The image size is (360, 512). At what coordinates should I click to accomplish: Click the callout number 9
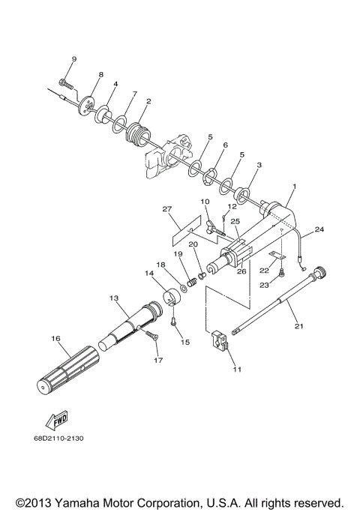click(74, 58)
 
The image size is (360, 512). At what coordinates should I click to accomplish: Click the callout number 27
click(167, 209)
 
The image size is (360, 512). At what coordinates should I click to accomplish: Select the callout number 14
click(148, 274)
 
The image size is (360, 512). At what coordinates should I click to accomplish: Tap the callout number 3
click(259, 164)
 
